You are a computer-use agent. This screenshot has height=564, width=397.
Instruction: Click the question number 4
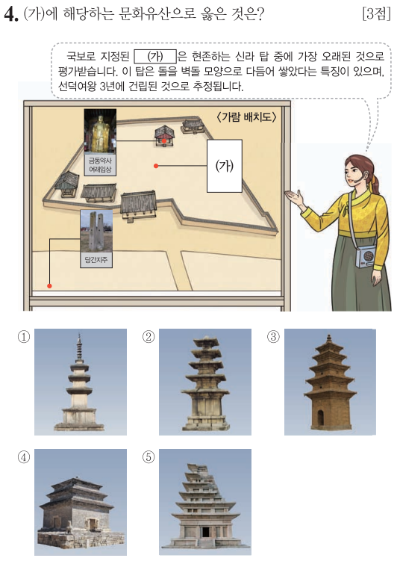10,14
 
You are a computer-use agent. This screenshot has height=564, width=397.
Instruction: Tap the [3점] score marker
376,13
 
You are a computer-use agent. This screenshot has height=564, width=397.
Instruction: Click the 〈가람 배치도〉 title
247,117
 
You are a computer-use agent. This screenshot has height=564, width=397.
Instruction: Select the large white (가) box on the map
224,166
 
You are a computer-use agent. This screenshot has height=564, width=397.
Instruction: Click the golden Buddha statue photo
100,131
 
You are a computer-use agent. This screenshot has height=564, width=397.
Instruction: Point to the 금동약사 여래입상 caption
100,165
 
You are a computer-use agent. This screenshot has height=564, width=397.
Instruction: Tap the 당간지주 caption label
96,260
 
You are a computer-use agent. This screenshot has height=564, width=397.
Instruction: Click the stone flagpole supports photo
96,231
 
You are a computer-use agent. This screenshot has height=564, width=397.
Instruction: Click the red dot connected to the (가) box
156,166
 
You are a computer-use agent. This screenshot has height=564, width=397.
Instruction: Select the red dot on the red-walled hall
164,140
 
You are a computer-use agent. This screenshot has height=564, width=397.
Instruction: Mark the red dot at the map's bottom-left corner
49,286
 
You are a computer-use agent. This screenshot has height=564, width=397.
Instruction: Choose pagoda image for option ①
81,382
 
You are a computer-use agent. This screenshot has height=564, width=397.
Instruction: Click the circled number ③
273,337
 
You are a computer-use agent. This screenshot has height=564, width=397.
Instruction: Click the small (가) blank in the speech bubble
155,57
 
